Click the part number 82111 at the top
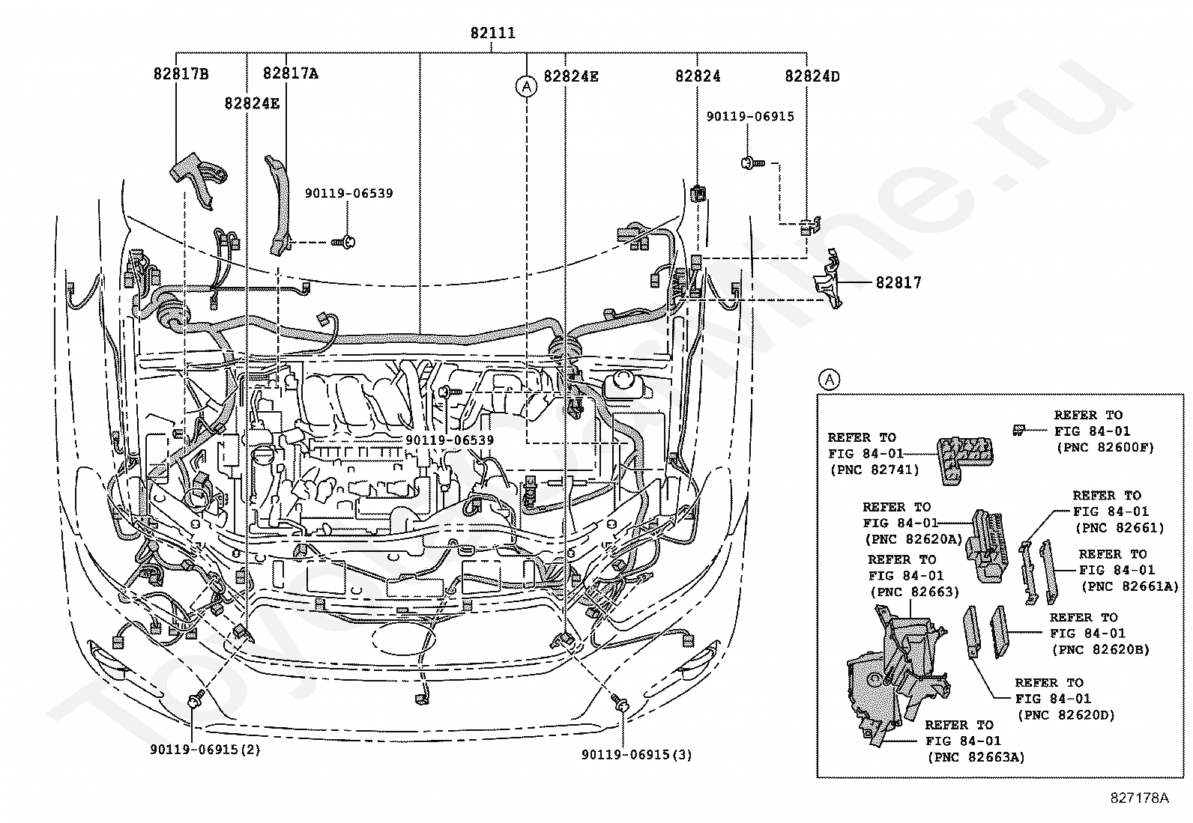pos(492,33)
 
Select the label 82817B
pos(181,73)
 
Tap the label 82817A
pos(290,73)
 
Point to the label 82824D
pos(812,76)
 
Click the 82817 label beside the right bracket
pos(898,282)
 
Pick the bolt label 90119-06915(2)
pos(205,750)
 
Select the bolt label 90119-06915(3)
pos(636,755)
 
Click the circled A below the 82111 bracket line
pos(527,87)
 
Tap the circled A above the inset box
pos(829,380)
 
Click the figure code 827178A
pos(1141,798)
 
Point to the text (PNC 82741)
pos(873,470)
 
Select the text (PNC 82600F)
pos(1105,448)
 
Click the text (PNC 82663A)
pos(976,757)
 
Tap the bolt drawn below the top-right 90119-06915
pos(750,163)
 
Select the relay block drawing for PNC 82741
pos(965,455)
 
